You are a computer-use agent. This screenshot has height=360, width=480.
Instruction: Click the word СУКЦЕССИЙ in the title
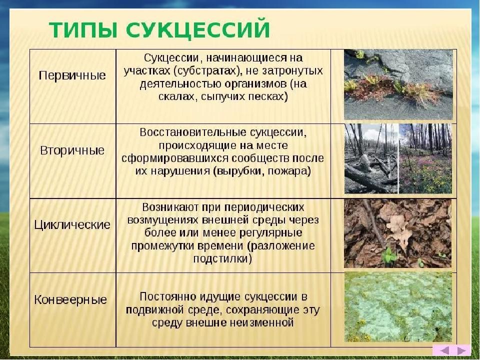[x=198, y=30]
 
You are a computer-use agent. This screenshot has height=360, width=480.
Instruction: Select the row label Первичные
[x=72, y=75]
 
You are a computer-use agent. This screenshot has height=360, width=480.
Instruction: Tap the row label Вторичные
[x=72, y=150]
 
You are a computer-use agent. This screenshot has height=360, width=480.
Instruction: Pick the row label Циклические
[x=72, y=224]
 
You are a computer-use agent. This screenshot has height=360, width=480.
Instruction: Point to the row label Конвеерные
[x=70, y=299]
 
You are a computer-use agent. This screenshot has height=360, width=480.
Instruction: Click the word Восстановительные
[x=192, y=132]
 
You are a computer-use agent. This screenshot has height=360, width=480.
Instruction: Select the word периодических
[x=264, y=207]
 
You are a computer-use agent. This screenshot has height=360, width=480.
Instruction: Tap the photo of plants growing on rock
[x=398, y=84]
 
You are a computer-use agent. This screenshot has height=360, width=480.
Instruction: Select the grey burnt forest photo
[x=371, y=158]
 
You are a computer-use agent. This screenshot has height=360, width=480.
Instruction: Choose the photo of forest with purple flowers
[x=425, y=158]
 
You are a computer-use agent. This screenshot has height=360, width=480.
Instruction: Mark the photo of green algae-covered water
[x=398, y=306]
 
